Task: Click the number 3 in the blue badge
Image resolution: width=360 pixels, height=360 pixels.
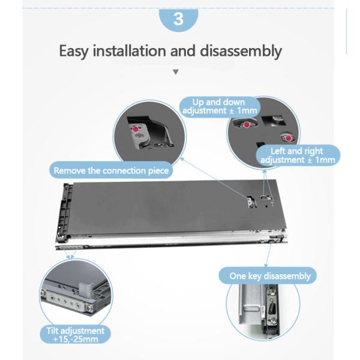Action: (178, 19)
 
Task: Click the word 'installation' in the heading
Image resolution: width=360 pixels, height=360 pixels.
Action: (129, 50)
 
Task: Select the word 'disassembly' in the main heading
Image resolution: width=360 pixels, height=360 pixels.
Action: (241, 51)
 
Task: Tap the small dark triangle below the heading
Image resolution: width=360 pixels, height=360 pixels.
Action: (176, 72)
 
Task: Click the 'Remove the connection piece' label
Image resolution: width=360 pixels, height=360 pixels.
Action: (111, 170)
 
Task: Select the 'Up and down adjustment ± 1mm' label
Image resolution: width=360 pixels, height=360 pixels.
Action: (220, 107)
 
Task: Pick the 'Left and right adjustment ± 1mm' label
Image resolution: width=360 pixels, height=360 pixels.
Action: (298, 155)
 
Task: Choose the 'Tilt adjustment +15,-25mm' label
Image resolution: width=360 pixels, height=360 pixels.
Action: (76, 335)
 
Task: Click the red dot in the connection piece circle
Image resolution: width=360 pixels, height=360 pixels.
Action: (136, 129)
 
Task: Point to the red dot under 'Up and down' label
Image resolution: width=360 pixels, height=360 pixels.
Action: (247, 125)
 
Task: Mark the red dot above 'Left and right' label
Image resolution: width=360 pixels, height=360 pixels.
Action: (288, 138)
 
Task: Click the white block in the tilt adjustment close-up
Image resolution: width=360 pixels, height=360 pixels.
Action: (85, 290)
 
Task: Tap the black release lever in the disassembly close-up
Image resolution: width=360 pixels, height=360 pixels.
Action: (271, 308)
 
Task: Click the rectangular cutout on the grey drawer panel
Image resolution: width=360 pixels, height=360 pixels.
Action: (251, 202)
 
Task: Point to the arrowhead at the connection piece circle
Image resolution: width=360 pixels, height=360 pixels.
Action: (181, 159)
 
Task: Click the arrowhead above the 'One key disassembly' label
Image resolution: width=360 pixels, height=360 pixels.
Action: (266, 265)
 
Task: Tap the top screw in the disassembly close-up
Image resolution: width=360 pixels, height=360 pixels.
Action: (272, 292)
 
